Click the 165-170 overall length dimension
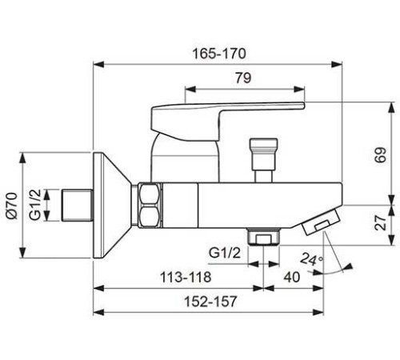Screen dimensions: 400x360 point(219,54)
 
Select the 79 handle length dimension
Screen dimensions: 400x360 point(243,78)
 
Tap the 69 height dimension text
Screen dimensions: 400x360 point(381,154)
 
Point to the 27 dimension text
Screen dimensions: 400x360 point(381,222)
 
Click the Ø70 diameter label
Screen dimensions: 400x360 point(12,206)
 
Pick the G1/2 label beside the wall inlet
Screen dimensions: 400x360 point(35,205)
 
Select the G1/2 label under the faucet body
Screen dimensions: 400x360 point(225,253)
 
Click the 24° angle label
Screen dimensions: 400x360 point(312,259)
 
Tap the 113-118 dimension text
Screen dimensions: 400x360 point(186,277)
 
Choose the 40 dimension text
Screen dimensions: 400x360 point(292,277)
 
